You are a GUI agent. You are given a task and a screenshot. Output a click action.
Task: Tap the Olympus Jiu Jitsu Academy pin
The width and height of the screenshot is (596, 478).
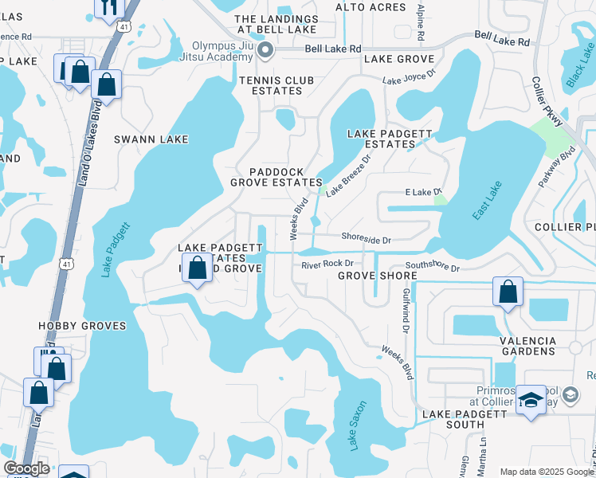(x=267, y=52)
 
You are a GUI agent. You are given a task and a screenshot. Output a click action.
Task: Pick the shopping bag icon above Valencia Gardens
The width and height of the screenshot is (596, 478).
(x=508, y=292)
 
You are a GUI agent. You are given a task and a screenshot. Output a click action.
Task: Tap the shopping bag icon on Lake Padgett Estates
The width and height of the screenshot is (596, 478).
(x=197, y=268)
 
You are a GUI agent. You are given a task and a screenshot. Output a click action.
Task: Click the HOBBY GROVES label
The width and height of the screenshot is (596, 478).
(x=82, y=326)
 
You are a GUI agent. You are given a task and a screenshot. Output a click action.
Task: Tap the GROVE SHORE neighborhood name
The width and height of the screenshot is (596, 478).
(x=377, y=276)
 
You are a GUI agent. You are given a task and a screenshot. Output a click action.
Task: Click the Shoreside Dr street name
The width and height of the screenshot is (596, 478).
(x=366, y=237)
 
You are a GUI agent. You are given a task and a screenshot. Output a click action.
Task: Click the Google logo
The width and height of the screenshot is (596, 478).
(x=26, y=468)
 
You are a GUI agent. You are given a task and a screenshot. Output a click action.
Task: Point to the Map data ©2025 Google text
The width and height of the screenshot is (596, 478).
(x=547, y=471)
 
